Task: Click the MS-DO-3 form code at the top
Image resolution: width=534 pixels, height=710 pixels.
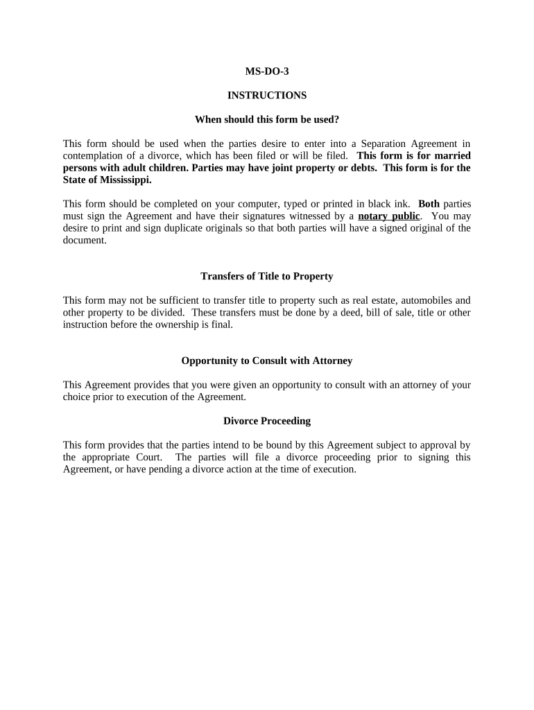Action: [x=266, y=71]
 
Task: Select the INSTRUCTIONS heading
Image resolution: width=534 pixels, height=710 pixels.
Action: [x=266, y=95]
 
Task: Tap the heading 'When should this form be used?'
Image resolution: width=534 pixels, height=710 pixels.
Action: [x=266, y=119]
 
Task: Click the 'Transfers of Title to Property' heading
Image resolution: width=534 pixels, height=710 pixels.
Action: [x=266, y=276]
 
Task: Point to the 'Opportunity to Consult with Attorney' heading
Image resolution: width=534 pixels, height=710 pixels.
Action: [x=266, y=361]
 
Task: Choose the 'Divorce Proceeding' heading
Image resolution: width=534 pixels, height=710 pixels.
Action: [x=266, y=421]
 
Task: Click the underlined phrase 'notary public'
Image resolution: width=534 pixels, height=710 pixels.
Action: [x=388, y=216]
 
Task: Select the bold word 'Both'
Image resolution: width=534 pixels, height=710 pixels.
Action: [x=429, y=204]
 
